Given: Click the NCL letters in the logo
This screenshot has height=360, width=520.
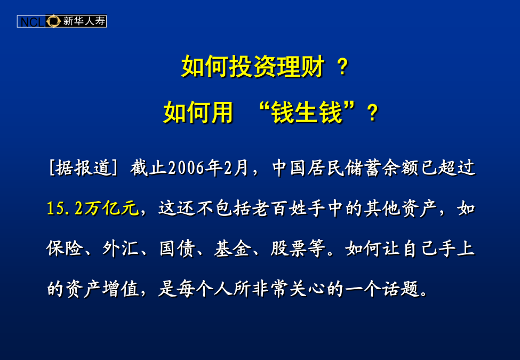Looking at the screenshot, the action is (x=32, y=22).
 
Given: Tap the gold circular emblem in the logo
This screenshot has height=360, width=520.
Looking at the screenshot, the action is (x=53, y=21).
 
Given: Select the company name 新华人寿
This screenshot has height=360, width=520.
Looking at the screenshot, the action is (x=84, y=21).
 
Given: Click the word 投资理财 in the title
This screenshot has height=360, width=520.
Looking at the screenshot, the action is (x=277, y=67).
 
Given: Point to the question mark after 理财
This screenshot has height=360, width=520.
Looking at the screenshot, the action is (x=342, y=67).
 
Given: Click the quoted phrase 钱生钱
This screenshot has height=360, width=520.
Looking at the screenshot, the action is (x=306, y=113).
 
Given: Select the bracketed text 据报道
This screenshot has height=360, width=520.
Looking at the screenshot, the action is (x=83, y=167).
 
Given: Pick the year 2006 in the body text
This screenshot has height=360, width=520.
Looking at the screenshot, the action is (x=186, y=168).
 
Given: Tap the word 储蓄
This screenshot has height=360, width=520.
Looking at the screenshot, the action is (x=363, y=167).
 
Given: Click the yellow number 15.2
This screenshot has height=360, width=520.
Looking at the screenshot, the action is (x=65, y=209).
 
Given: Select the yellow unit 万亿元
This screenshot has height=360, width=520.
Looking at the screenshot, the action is (x=111, y=209).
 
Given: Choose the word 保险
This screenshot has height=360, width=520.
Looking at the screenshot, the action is (x=65, y=249).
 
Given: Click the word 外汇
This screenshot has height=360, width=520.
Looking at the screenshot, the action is (x=120, y=249).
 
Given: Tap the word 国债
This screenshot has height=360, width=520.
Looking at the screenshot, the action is (x=177, y=249).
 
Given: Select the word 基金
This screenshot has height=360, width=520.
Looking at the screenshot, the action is (x=232, y=249).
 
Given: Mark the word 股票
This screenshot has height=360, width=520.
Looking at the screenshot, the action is (x=288, y=249).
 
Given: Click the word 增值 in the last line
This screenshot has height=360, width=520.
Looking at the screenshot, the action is (x=120, y=289).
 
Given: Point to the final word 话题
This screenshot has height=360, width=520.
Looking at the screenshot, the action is (x=401, y=289).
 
